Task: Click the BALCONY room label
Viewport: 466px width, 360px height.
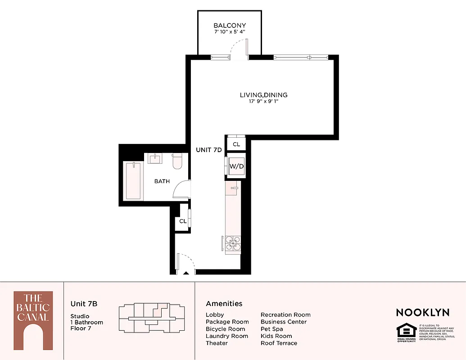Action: pos(230,26)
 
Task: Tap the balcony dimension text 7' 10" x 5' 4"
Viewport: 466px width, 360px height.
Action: pos(230,32)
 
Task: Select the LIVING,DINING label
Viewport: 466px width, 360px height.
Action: pos(263,95)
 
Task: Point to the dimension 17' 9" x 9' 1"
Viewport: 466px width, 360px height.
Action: pos(263,102)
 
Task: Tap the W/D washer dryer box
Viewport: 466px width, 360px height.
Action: pos(236,166)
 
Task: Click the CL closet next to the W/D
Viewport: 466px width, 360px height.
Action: pos(236,144)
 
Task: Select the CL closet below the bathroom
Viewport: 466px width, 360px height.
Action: pos(183,221)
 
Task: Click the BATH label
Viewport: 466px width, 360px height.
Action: pos(162,181)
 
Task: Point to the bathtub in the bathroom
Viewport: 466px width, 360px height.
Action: pos(133,181)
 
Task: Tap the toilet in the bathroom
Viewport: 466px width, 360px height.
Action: pos(176,161)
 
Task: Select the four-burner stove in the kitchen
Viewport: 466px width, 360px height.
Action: pos(233,245)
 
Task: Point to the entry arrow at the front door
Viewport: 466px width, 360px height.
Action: pos(186,273)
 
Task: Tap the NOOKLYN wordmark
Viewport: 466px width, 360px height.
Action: pos(422,312)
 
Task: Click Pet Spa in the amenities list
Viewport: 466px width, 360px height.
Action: pos(272,329)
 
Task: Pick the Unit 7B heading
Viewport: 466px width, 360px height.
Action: pos(84,304)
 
